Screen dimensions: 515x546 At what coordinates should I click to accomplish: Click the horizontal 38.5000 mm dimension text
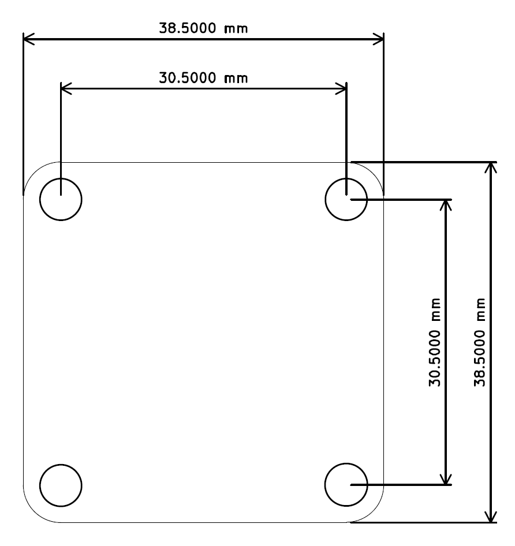[203, 28]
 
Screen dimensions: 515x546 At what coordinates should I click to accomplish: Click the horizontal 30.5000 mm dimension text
[203, 78]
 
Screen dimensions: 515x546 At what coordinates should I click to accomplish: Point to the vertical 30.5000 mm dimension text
[435, 342]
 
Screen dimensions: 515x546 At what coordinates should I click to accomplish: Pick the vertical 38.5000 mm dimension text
[479, 342]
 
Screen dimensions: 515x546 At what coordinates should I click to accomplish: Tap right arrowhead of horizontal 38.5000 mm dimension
[378, 39]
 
